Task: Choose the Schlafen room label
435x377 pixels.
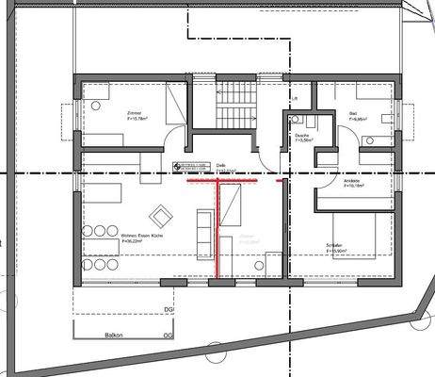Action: click(x=335, y=248)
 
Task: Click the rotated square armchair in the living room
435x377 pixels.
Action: click(x=161, y=218)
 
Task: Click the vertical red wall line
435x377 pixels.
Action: click(x=217, y=231)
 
